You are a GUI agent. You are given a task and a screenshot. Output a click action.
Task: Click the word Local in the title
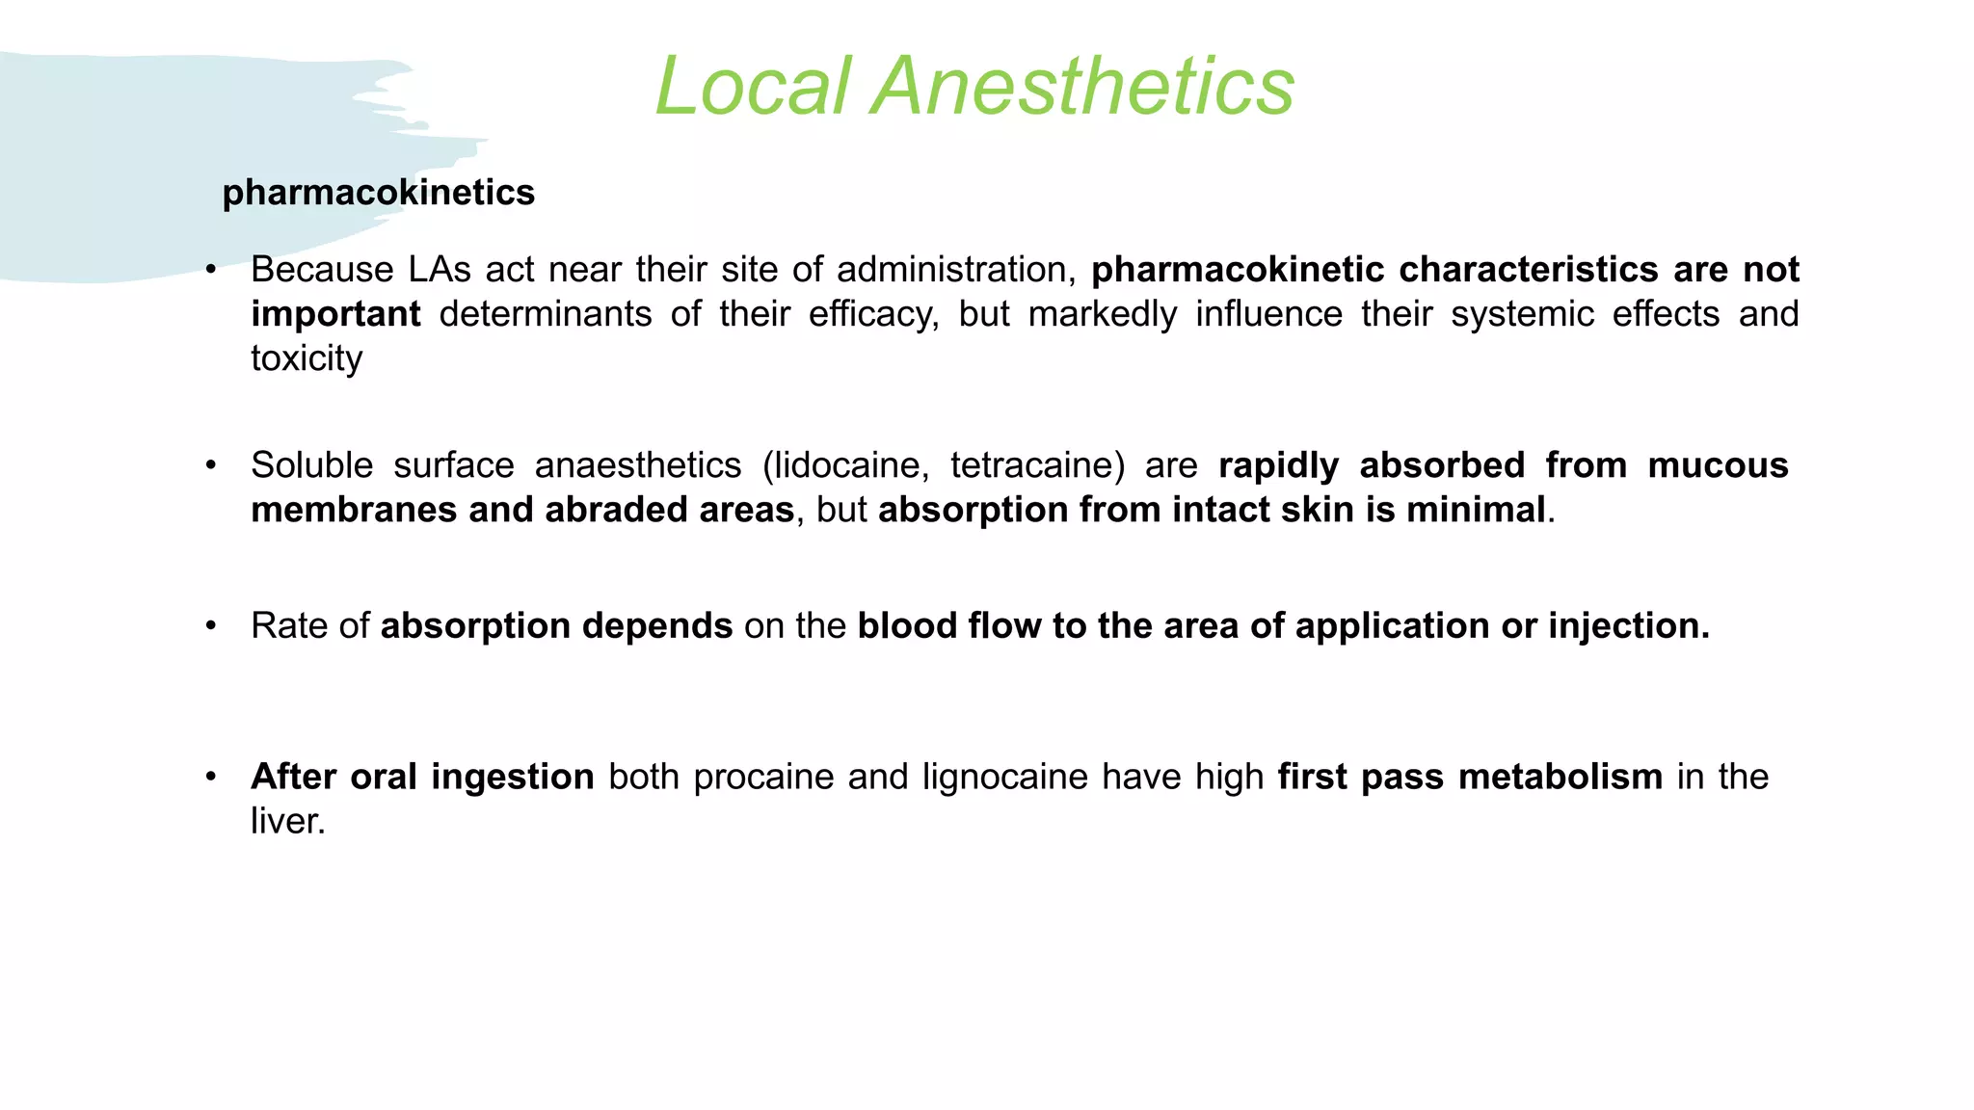753,87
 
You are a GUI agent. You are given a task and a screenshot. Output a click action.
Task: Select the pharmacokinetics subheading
378,193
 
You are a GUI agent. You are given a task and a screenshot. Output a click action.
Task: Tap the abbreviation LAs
440,270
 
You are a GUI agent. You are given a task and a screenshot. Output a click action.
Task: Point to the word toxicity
307,358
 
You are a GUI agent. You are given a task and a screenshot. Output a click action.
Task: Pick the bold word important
335,314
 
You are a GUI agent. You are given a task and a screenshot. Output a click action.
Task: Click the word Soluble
311,465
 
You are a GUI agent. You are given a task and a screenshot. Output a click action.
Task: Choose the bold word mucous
1718,465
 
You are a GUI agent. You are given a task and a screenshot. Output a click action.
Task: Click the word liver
287,821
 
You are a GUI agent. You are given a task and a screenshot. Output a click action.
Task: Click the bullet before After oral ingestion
211,777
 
